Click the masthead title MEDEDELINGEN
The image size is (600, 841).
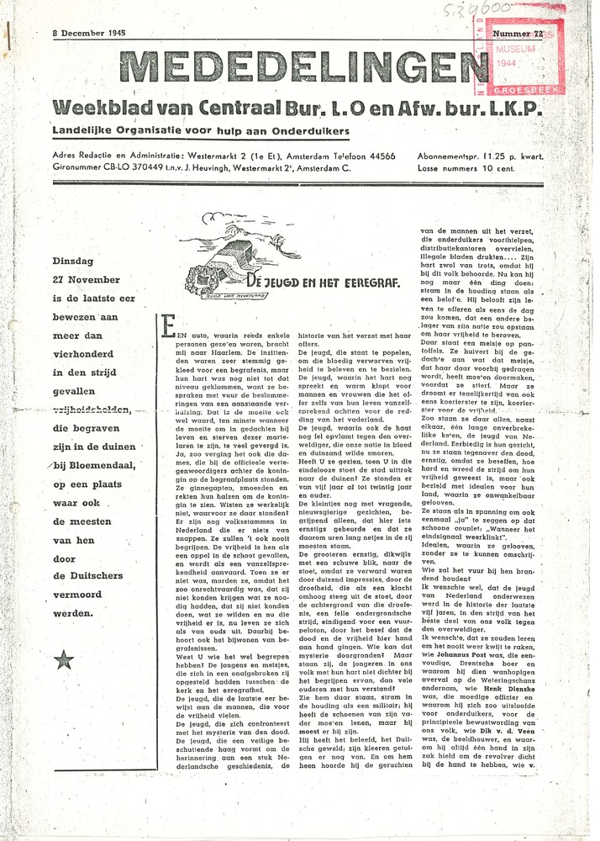tap(303, 68)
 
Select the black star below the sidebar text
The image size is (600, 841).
tap(65, 660)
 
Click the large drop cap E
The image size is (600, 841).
tap(167, 329)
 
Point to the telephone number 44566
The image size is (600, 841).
tap(381, 156)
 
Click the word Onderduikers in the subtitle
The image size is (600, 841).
tap(304, 132)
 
